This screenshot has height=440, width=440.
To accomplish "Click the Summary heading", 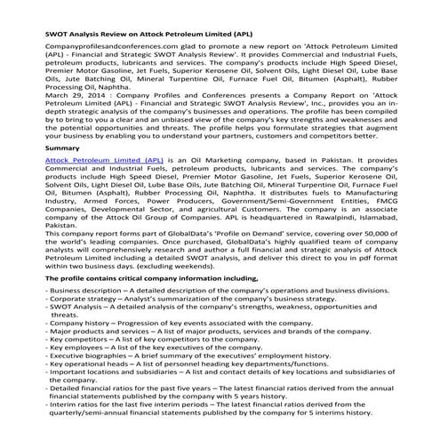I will tap(39, 147).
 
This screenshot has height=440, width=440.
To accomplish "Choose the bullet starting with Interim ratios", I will tap(49, 428).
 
